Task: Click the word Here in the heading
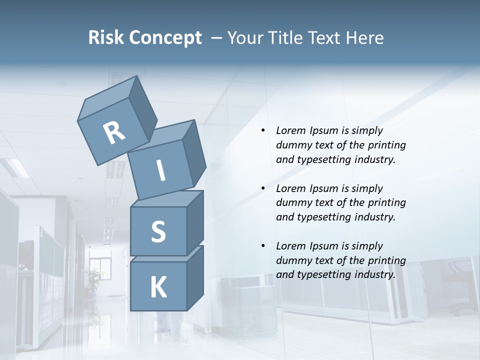pyautogui.click(x=364, y=37)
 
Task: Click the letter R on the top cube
pyautogui.click(x=114, y=133)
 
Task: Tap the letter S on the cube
pyautogui.click(x=158, y=231)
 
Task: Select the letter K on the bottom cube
pyautogui.click(x=158, y=287)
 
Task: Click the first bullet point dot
pyautogui.click(x=263, y=131)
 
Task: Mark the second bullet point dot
pyautogui.click(x=263, y=188)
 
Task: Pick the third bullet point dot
pyautogui.click(x=263, y=246)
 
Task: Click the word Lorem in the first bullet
pyautogui.click(x=290, y=130)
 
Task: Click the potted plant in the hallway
pyautogui.click(x=93, y=278)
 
